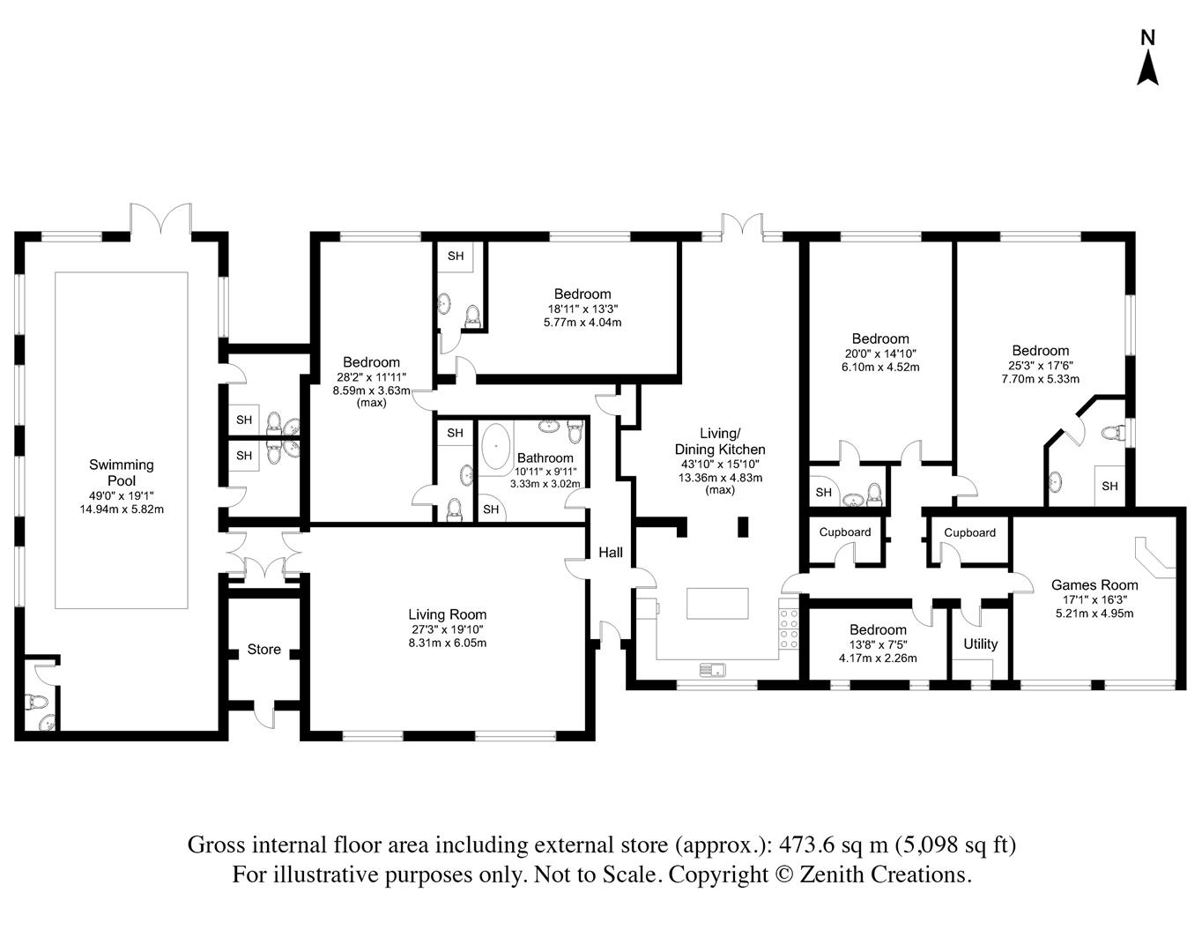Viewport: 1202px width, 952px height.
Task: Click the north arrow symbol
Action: point(1147,76)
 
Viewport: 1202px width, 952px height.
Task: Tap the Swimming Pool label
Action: point(122,472)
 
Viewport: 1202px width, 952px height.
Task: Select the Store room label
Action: point(263,649)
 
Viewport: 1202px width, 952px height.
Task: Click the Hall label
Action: point(611,553)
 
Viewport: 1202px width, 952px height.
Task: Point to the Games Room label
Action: point(1094,585)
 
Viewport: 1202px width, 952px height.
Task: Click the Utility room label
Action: point(980,644)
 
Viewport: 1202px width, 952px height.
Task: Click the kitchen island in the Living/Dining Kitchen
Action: point(717,603)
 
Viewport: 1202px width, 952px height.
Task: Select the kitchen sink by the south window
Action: point(711,669)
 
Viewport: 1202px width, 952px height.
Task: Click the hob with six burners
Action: point(789,628)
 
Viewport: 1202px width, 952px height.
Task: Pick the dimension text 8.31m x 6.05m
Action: point(447,643)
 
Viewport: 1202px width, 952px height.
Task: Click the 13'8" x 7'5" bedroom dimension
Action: point(878,644)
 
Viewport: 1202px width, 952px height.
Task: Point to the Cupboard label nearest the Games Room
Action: point(969,532)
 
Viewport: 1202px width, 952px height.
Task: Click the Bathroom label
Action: point(545,458)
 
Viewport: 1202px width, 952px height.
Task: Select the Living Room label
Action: point(447,614)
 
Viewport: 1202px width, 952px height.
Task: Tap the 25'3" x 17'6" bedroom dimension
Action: point(1040,366)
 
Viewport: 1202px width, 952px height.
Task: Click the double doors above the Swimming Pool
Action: point(161,220)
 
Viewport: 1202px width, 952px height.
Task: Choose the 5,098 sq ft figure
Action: point(955,844)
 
